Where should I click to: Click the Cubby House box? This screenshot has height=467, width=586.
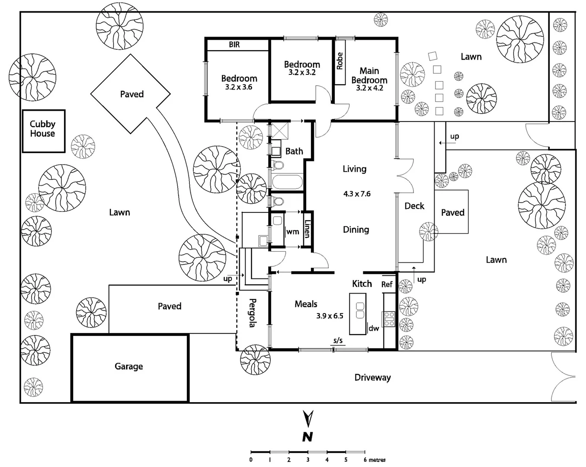coord(43,131)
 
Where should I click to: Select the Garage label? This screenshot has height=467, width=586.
coord(128,366)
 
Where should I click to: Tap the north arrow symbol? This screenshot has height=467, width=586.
coord(308,419)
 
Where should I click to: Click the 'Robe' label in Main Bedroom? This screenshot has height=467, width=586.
coord(339,61)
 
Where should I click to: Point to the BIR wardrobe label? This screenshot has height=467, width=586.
coord(234,45)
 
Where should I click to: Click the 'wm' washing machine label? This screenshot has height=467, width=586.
coord(293,232)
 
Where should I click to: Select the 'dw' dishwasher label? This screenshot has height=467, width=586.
coord(374,328)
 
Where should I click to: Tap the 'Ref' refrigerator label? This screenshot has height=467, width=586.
coord(387,284)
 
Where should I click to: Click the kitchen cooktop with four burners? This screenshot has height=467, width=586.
coord(389,318)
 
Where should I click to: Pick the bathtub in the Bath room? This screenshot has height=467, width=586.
coord(287,182)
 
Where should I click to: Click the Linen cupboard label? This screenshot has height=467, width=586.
coord(307,229)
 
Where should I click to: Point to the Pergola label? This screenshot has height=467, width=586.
coord(253,313)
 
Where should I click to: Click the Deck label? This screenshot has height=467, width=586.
coord(414,206)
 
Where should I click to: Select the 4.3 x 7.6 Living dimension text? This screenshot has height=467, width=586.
coord(357,194)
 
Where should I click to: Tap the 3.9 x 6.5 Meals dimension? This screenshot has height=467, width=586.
coord(330,316)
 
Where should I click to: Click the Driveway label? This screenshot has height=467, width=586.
coord(372,377)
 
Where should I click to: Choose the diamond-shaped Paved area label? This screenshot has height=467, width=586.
coord(131,94)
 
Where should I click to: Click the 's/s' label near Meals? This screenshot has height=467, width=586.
coord(338,340)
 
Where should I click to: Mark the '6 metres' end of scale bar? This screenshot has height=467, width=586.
coord(375,460)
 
